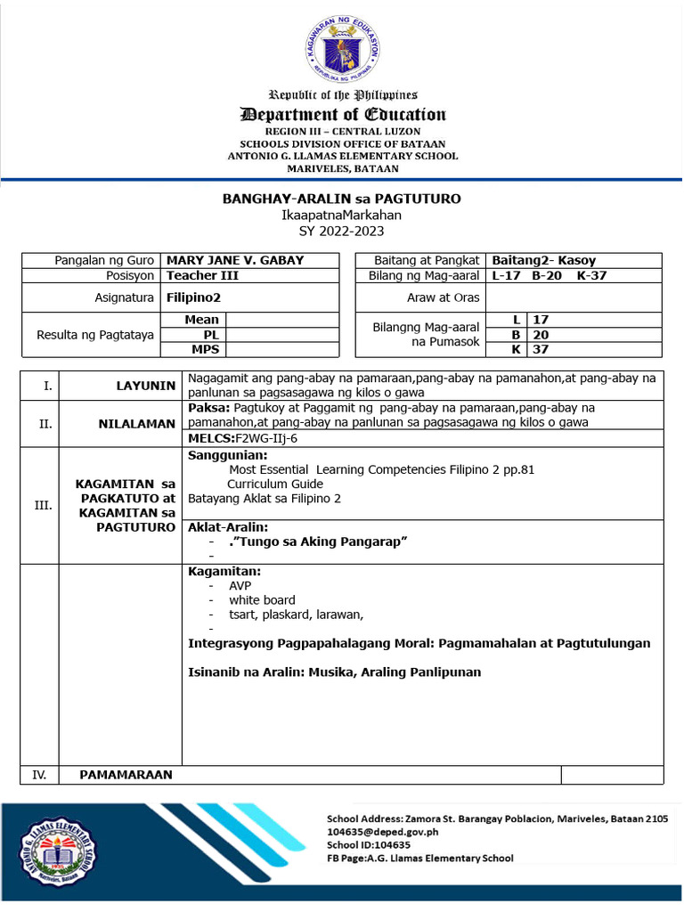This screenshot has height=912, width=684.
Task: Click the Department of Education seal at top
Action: point(342,49)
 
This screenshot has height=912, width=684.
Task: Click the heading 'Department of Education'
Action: point(342,114)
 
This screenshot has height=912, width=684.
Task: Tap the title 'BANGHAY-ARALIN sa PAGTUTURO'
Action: point(342,199)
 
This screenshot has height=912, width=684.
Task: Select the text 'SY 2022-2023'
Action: point(342,231)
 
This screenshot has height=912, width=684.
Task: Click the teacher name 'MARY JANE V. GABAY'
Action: point(235,260)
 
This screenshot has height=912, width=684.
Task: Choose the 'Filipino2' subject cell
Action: point(193,297)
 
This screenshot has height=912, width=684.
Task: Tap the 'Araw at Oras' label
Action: point(444,297)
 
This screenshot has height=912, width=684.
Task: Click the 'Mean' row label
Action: point(202,319)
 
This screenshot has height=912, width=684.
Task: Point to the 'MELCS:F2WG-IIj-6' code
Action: point(242,439)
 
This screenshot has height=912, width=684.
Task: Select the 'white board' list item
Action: point(262,600)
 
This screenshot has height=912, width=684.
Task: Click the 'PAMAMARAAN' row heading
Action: point(126,775)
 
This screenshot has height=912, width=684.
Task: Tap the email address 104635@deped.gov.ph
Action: point(383,832)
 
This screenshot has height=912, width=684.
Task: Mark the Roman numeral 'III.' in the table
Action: point(42,505)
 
